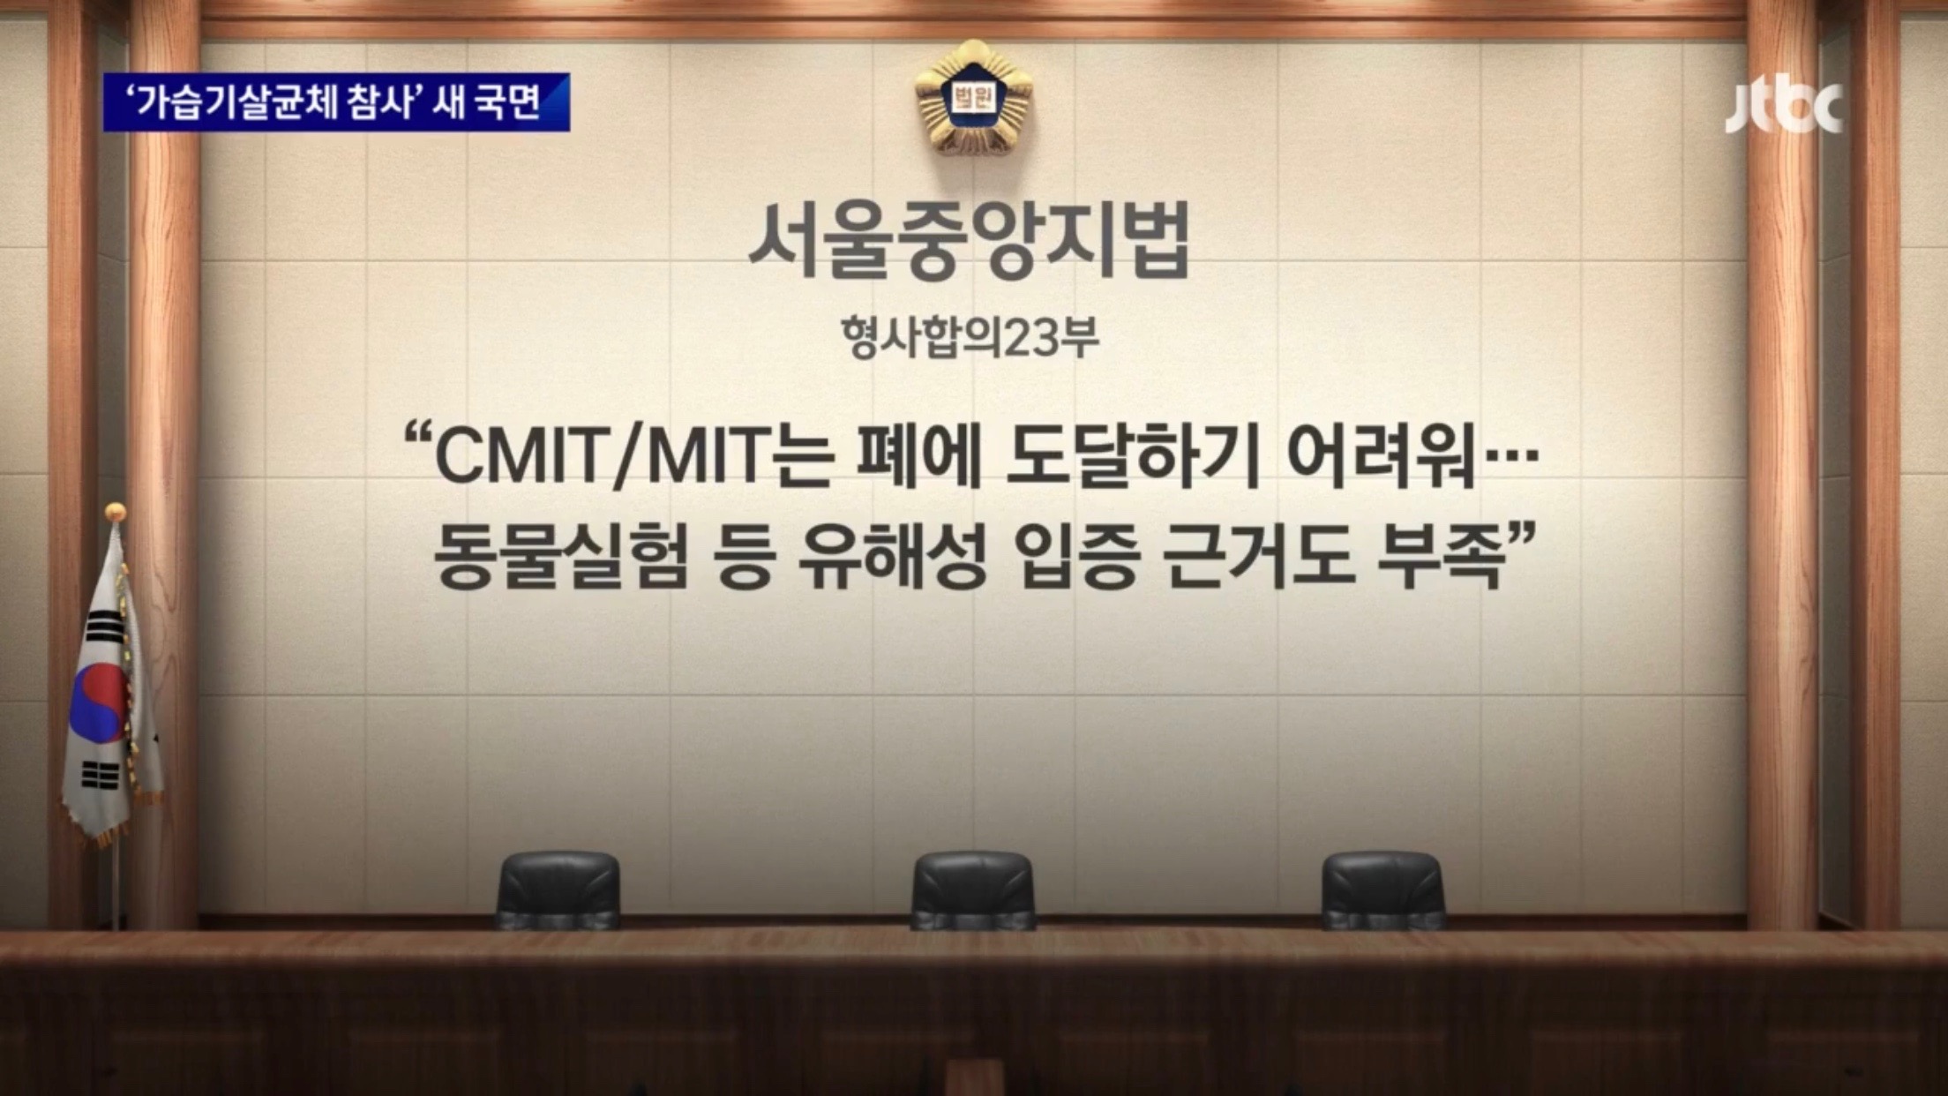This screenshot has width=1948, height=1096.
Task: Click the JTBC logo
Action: pyautogui.click(x=1783, y=108)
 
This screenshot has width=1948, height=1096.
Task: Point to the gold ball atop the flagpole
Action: pyautogui.click(x=115, y=512)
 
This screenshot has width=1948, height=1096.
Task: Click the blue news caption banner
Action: pyautogui.click(x=336, y=102)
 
